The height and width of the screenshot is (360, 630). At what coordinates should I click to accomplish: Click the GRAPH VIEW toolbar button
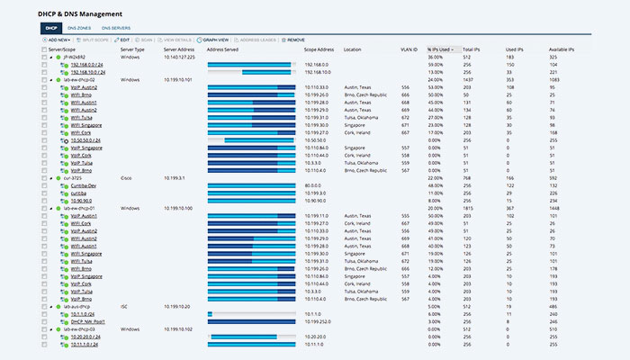coord(216,40)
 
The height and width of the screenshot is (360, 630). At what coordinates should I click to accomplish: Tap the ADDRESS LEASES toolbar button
coord(259,40)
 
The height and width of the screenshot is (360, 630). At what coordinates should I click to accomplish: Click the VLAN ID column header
coord(409,49)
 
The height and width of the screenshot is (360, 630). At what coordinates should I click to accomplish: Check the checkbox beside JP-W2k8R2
coord(44,57)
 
